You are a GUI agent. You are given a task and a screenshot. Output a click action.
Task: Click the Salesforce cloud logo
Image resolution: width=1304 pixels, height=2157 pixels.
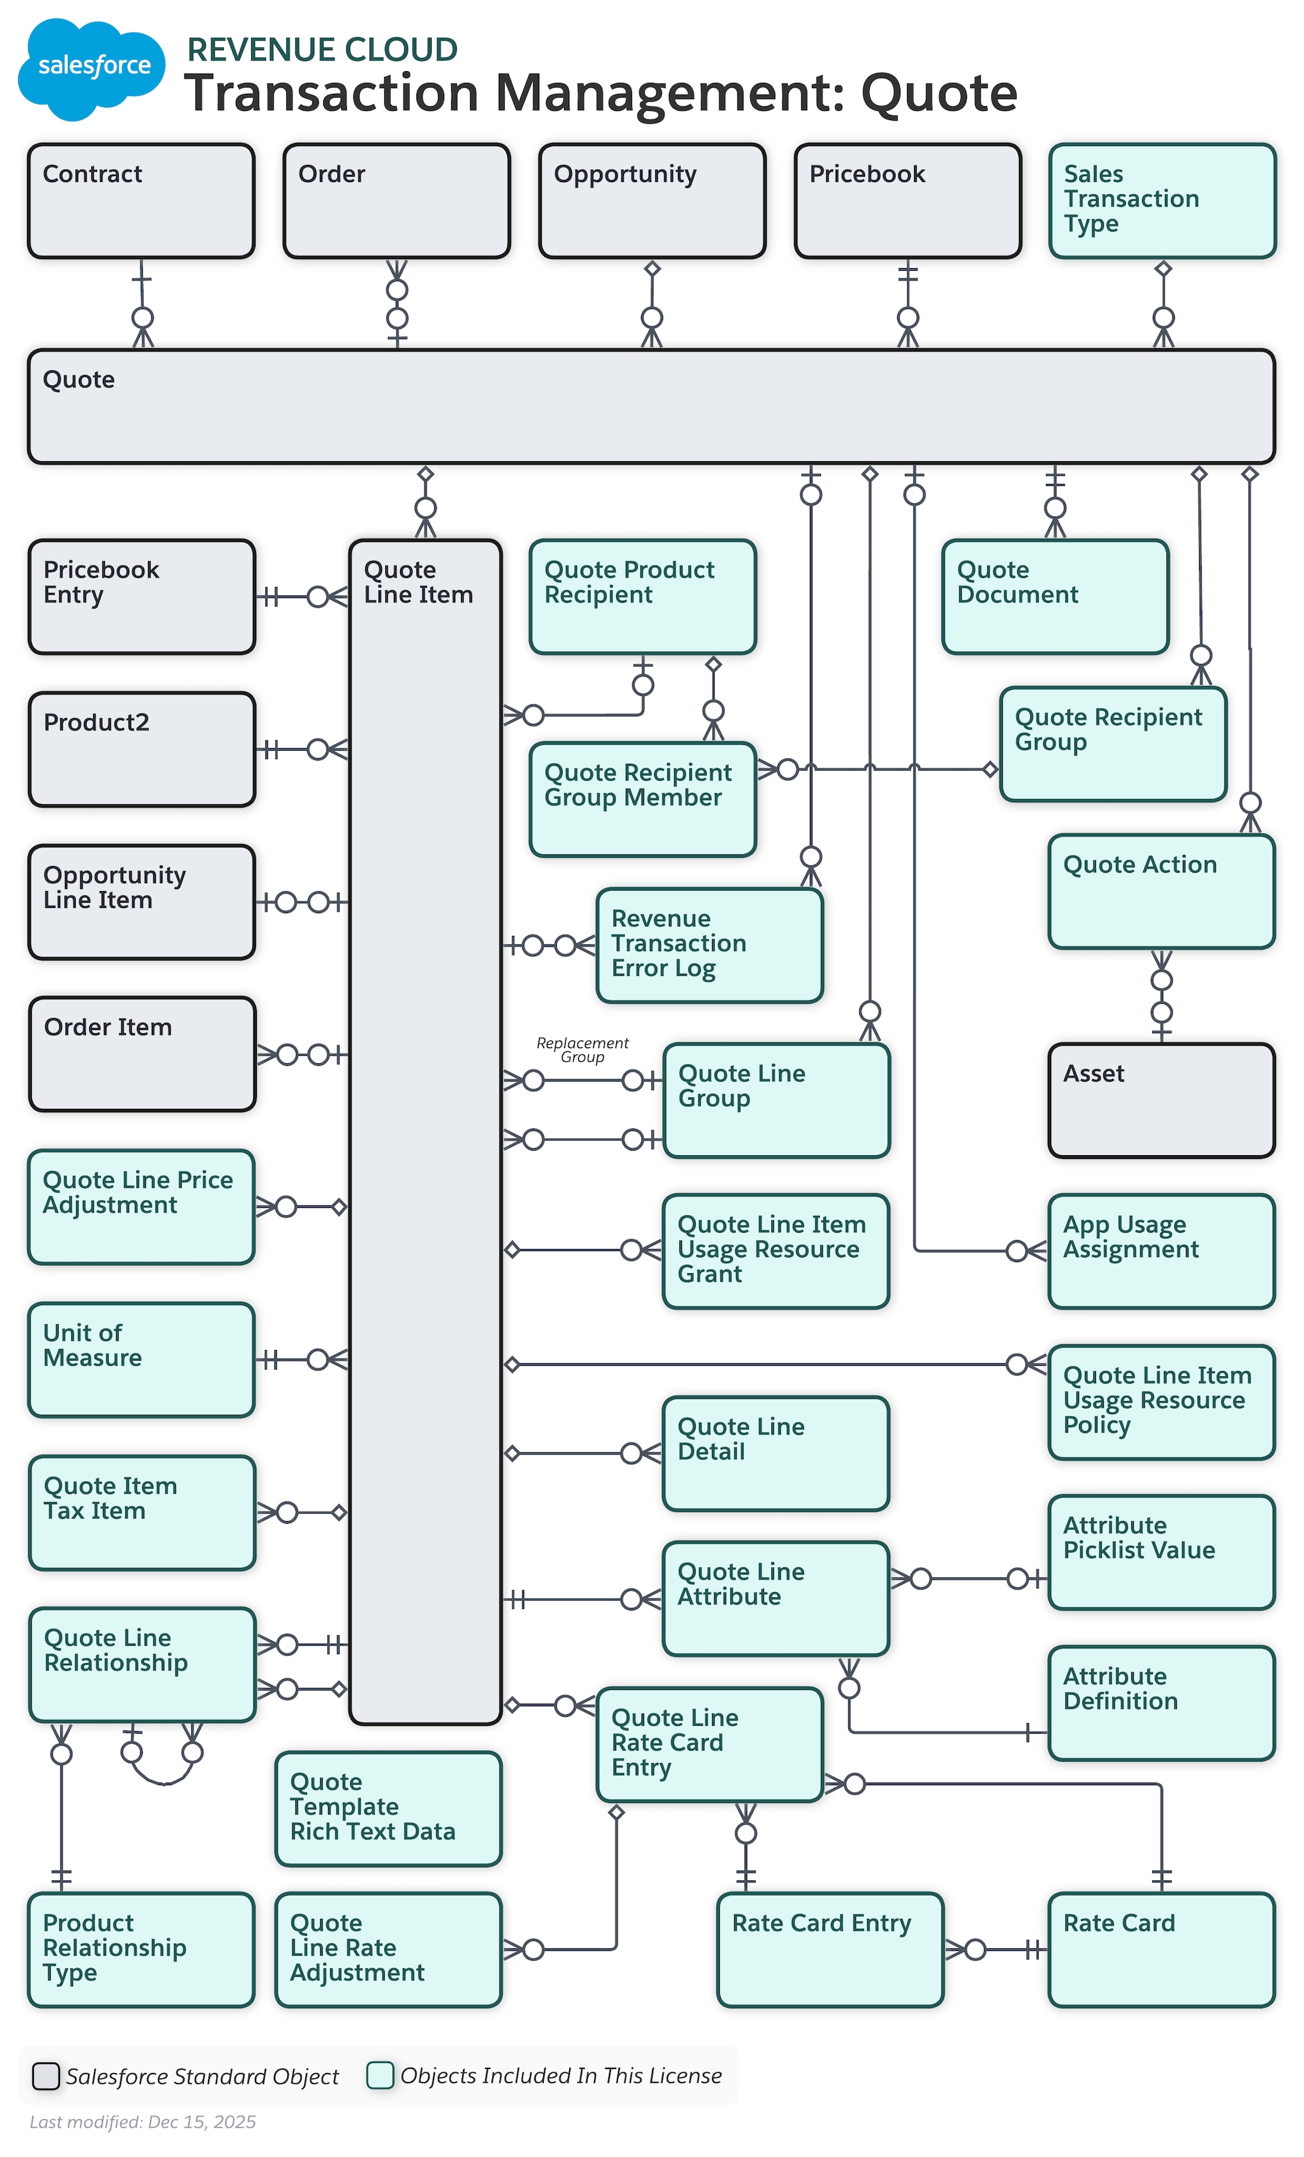click(91, 68)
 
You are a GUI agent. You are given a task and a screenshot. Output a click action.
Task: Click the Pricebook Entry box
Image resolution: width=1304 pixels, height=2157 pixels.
click(141, 597)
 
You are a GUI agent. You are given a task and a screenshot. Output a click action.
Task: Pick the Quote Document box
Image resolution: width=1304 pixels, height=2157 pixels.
click(1054, 597)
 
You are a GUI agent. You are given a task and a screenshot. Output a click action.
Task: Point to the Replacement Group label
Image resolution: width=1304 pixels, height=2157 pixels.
click(582, 1049)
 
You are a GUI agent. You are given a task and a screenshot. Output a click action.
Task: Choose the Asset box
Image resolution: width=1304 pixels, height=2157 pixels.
click(1161, 1100)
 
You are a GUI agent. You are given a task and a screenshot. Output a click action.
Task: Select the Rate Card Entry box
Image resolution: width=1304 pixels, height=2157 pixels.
click(829, 1950)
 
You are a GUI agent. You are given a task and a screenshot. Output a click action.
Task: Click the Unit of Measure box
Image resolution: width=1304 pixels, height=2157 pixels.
click(141, 1359)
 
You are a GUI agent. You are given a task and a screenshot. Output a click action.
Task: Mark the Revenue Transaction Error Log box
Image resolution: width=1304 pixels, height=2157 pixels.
click(709, 945)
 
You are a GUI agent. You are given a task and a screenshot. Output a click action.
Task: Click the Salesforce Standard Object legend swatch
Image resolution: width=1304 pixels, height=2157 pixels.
click(46, 2075)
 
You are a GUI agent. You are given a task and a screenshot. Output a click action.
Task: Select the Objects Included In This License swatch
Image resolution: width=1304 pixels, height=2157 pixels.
click(380, 2075)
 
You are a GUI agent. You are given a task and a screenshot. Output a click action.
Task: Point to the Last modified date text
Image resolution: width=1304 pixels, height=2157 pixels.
click(143, 2121)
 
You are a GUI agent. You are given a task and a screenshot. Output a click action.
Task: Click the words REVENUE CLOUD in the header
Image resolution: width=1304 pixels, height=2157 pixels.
click(322, 50)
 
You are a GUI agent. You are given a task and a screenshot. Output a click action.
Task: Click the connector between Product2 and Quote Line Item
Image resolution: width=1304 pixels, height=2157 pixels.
click(302, 749)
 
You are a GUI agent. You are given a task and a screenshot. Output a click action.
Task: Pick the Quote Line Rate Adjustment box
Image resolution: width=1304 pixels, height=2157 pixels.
click(388, 1950)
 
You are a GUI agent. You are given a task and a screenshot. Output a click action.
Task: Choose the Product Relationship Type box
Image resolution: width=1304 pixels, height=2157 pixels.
click(141, 1950)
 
